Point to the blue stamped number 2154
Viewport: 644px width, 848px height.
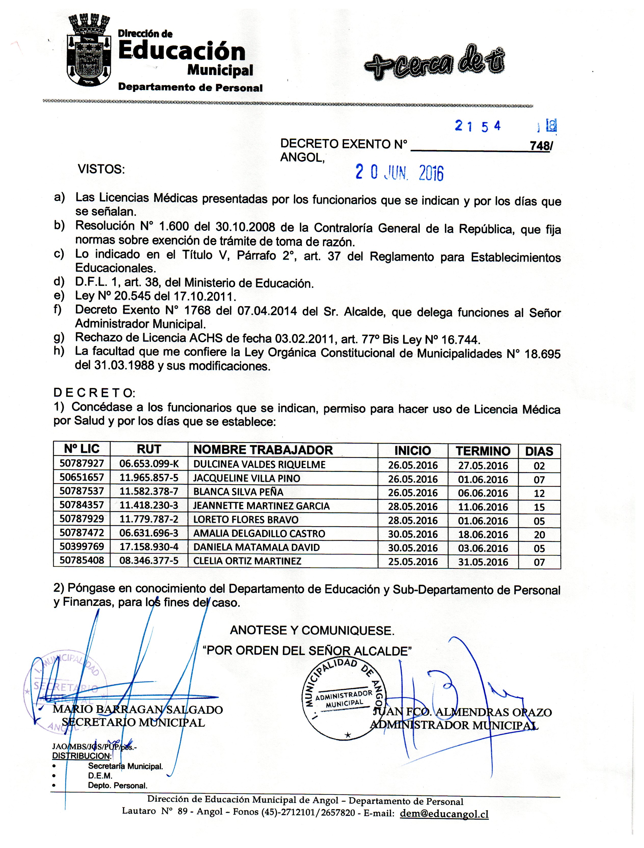pyautogui.click(x=478, y=126)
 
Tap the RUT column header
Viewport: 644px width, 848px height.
pyautogui.click(x=149, y=449)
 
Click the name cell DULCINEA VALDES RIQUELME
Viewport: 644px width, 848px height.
pyautogui.click(x=259, y=465)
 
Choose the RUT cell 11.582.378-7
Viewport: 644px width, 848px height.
pyautogui.click(x=149, y=492)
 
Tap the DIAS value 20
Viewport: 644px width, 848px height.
pyautogui.click(x=539, y=535)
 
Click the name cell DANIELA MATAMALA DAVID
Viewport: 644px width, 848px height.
pyautogui.click(x=256, y=547)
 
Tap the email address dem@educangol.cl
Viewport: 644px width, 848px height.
pyautogui.click(x=444, y=814)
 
